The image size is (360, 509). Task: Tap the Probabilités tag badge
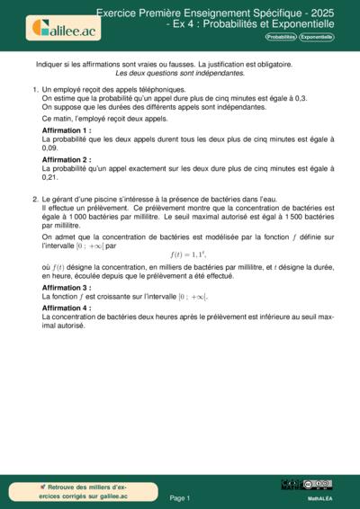coord(280,37)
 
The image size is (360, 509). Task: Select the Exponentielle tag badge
coord(316,37)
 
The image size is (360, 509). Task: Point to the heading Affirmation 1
coord(67,130)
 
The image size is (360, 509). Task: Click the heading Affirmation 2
coord(67,159)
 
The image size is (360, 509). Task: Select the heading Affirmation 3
coord(67,288)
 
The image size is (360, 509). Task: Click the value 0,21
coord(51,178)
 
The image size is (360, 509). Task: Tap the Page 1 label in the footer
coord(180,497)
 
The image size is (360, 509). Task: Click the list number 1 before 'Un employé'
coord(35,91)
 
